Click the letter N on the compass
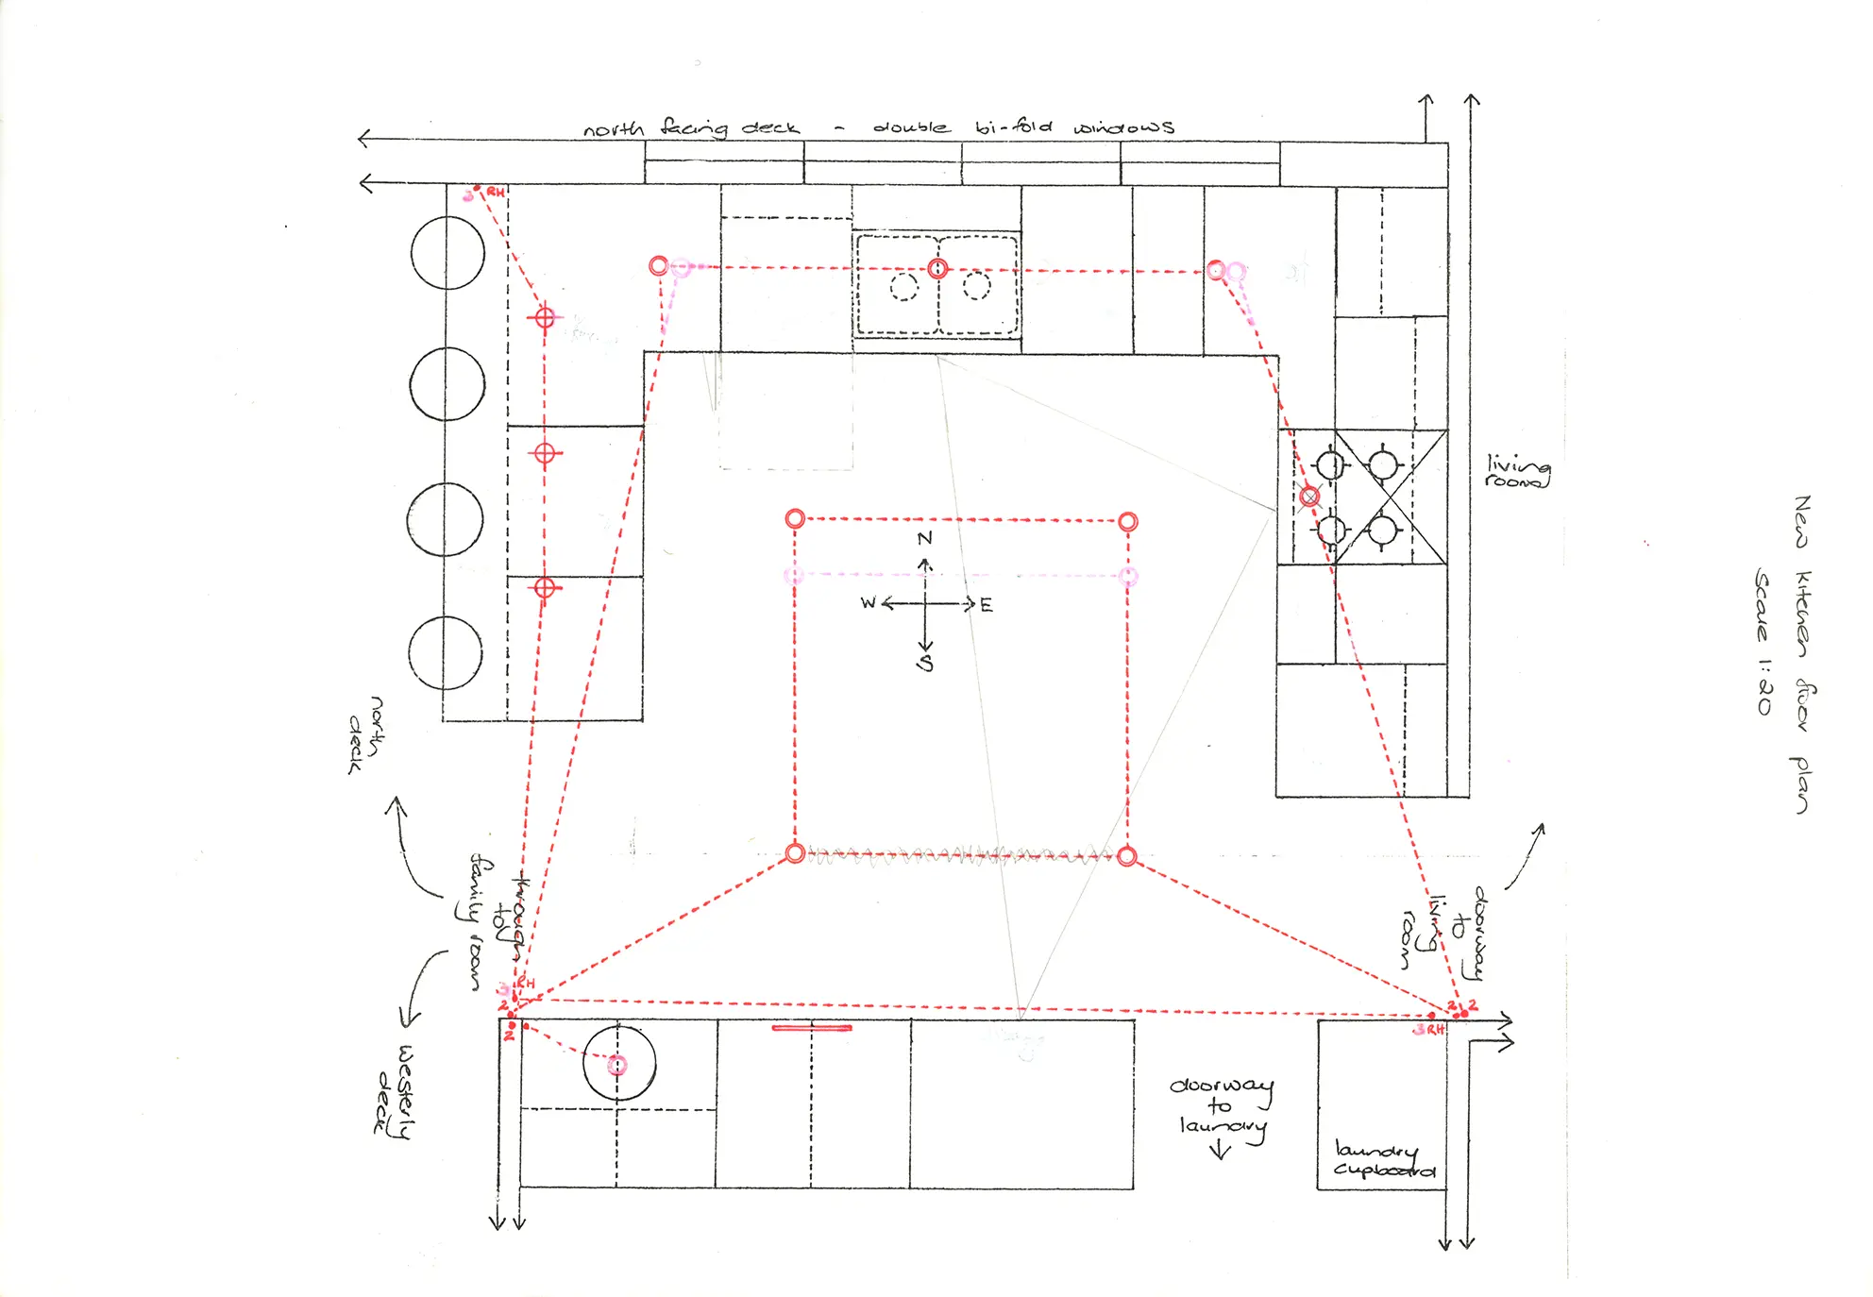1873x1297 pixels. [924, 538]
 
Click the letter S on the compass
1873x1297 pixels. [925, 663]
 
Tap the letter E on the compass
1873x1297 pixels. [987, 605]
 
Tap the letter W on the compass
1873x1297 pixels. [869, 602]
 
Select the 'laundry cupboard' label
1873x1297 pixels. [1383, 1160]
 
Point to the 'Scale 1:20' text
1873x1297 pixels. [1763, 641]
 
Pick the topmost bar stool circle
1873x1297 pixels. [447, 253]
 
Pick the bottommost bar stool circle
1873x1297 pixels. [446, 653]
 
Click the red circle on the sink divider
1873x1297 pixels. [936, 269]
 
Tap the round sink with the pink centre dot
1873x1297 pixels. [618, 1064]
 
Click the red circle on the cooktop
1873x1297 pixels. [1308, 497]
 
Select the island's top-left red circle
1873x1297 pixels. [795, 518]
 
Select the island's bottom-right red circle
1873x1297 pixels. [1126, 856]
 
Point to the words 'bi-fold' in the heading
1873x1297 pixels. [1013, 126]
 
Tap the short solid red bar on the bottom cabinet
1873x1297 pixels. [811, 1028]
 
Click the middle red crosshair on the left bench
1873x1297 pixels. [544, 454]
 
